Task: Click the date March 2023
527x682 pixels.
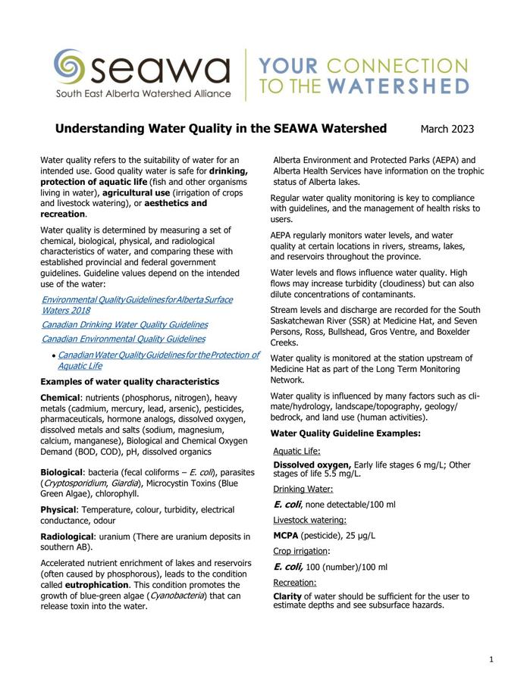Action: coord(447,129)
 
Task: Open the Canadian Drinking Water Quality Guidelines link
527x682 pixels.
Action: coord(124,324)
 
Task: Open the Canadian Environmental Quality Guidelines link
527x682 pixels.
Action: coord(123,339)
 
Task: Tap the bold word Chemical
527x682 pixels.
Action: coord(60,397)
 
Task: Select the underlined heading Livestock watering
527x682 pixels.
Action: coord(309,520)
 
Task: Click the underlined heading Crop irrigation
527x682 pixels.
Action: coord(300,551)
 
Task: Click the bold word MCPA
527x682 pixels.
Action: coord(288,535)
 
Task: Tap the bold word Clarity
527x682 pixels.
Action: coord(287,596)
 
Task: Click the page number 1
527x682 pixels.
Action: coord(491,659)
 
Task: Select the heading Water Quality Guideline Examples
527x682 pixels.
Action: coord(345,433)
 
